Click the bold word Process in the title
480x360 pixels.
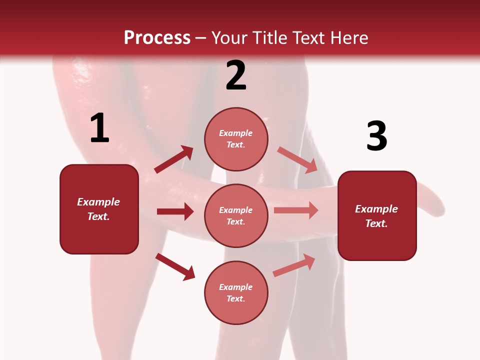point(157,37)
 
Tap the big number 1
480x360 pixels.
point(99,128)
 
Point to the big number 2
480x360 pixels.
point(236,75)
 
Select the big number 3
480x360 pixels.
point(376,136)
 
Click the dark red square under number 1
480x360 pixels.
point(99,209)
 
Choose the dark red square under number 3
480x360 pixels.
point(377,215)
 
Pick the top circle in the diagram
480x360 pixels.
point(236,139)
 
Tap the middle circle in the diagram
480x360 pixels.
point(236,215)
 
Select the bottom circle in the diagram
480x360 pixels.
point(236,292)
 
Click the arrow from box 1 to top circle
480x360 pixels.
point(173,159)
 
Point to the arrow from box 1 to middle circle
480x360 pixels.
point(175,211)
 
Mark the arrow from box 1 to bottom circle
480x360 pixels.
point(175,266)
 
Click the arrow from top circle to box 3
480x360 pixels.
point(297,160)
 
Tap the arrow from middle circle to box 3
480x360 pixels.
point(295,210)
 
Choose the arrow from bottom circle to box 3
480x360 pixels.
point(293,265)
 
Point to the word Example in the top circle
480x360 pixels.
point(236,133)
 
